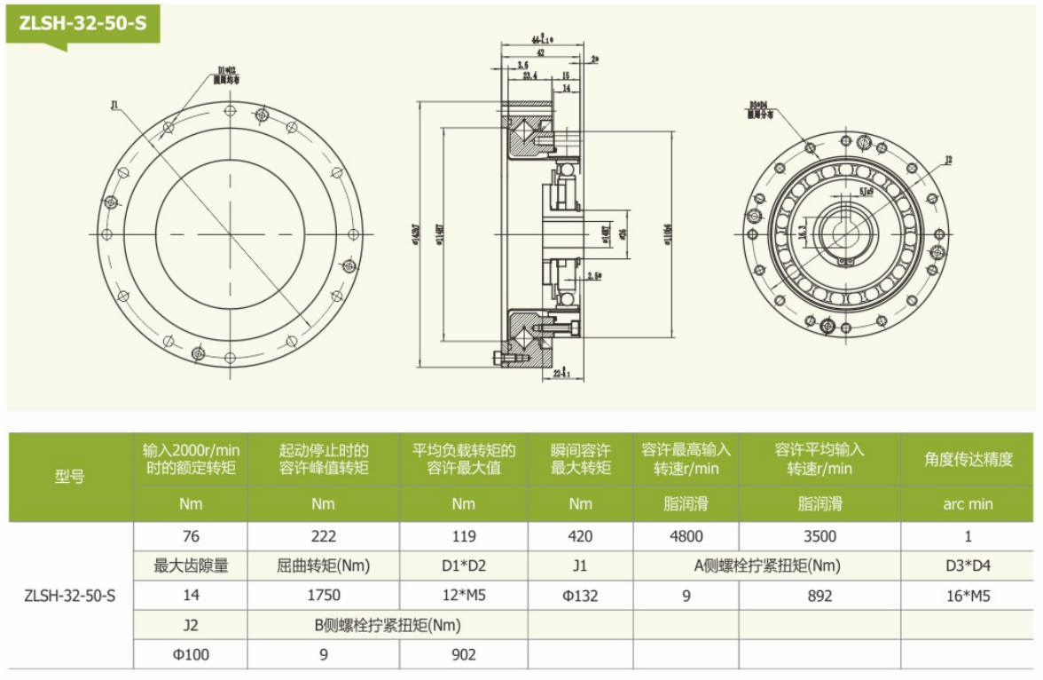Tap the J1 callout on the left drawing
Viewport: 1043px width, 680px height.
pos(114,105)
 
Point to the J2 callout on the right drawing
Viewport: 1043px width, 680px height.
pos(948,161)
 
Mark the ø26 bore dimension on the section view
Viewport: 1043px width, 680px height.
pos(623,233)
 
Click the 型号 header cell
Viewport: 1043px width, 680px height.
pos(70,478)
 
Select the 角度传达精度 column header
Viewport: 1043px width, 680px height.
pos(968,459)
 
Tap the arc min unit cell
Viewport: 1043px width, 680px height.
pos(968,504)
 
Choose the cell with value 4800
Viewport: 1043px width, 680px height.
pos(686,536)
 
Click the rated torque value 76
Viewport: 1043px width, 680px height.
pos(191,536)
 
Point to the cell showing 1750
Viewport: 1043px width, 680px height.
pos(324,596)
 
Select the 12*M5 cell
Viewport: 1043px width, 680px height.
pos(463,596)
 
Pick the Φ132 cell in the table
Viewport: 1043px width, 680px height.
pos(580,596)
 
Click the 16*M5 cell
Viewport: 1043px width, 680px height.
pos(968,596)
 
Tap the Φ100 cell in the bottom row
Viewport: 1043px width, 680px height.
pos(191,655)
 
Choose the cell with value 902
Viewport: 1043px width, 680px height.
pos(463,655)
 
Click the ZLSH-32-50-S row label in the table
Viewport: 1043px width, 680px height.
pos(70,596)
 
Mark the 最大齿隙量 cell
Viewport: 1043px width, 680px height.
pos(191,565)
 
